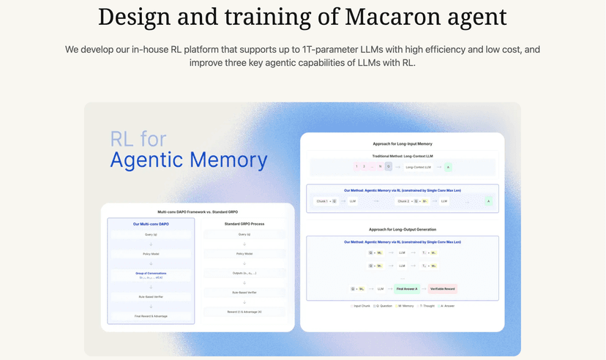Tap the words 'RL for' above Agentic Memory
[138, 138]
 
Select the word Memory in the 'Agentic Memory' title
[228, 159]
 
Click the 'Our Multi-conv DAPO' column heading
[151, 224]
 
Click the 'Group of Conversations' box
[151, 274]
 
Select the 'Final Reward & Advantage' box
[151, 315]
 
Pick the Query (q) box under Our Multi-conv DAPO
[151, 234]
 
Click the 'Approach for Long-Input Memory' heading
[402, 144]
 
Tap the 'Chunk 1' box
[324, 200]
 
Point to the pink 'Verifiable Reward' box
[442, 289]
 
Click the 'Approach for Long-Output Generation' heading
[402, 229]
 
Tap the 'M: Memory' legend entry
[405, 306]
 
